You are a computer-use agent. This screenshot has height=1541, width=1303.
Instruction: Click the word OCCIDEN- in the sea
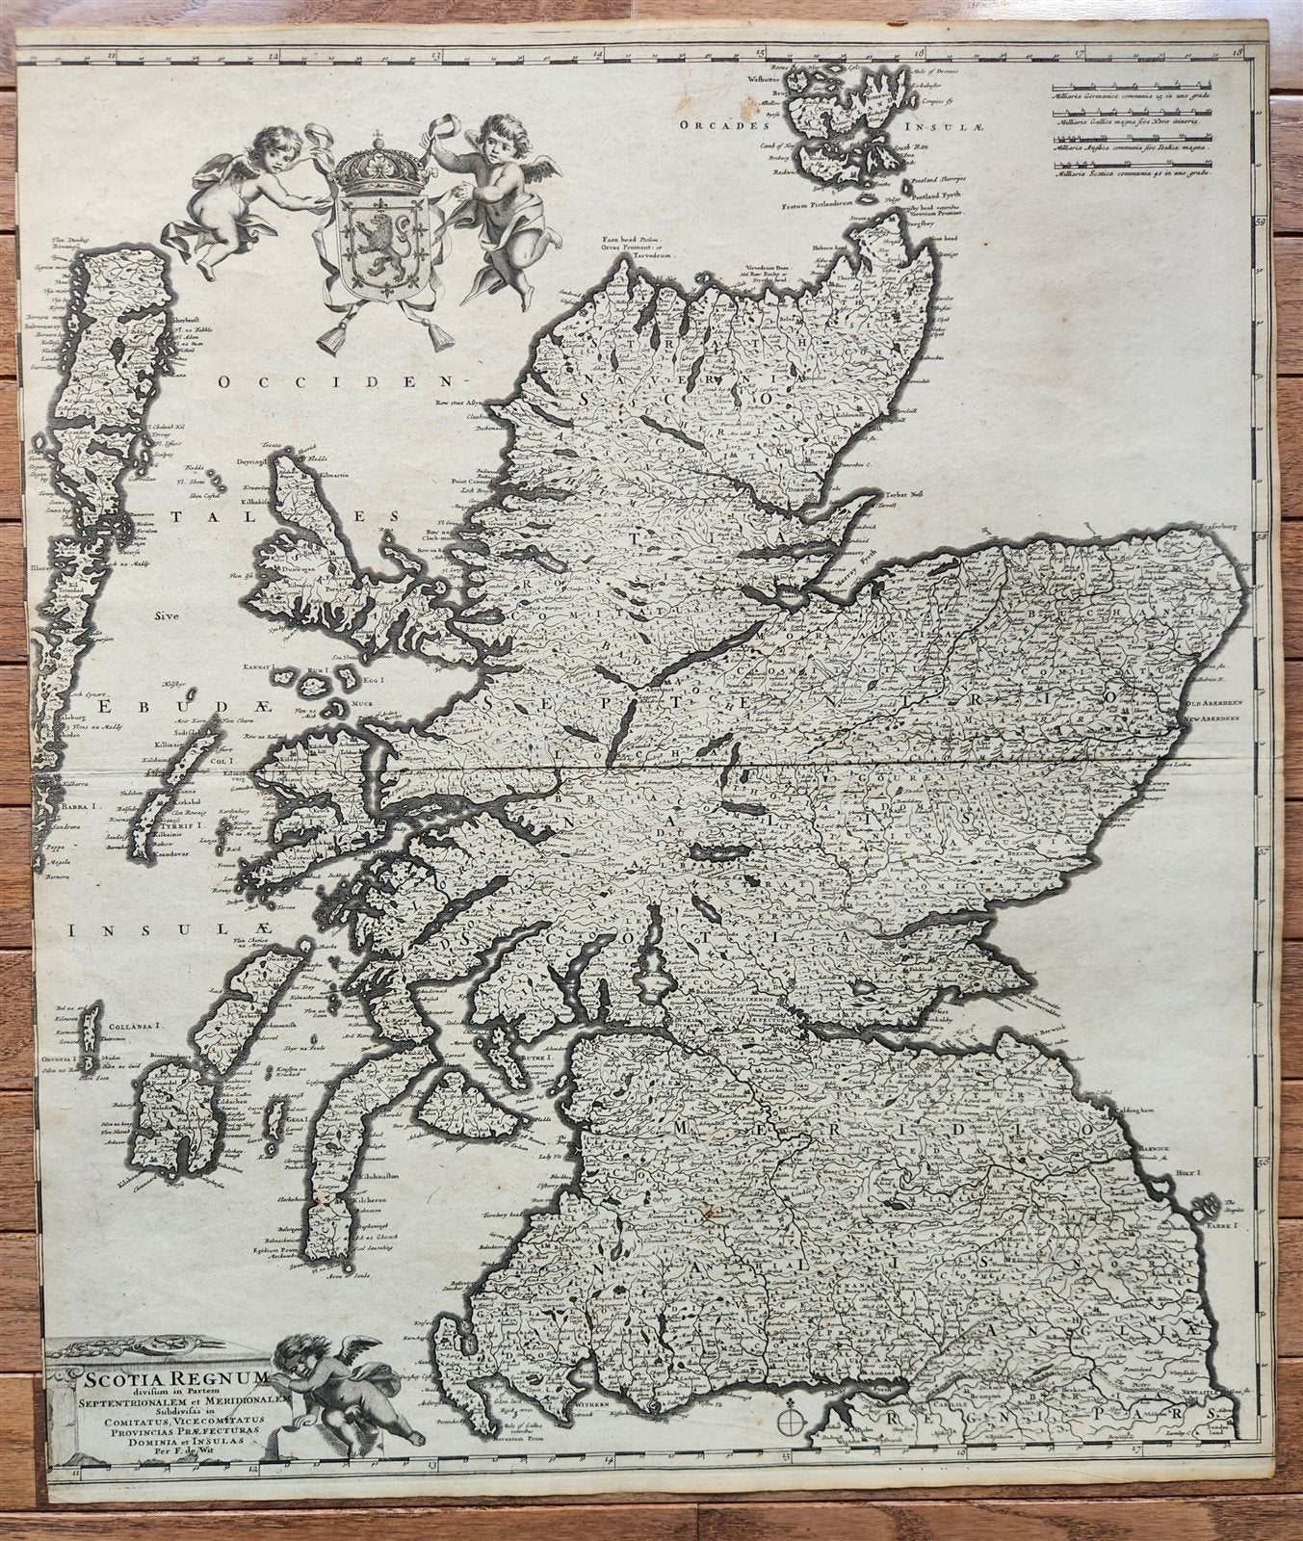(x=280, y=383)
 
